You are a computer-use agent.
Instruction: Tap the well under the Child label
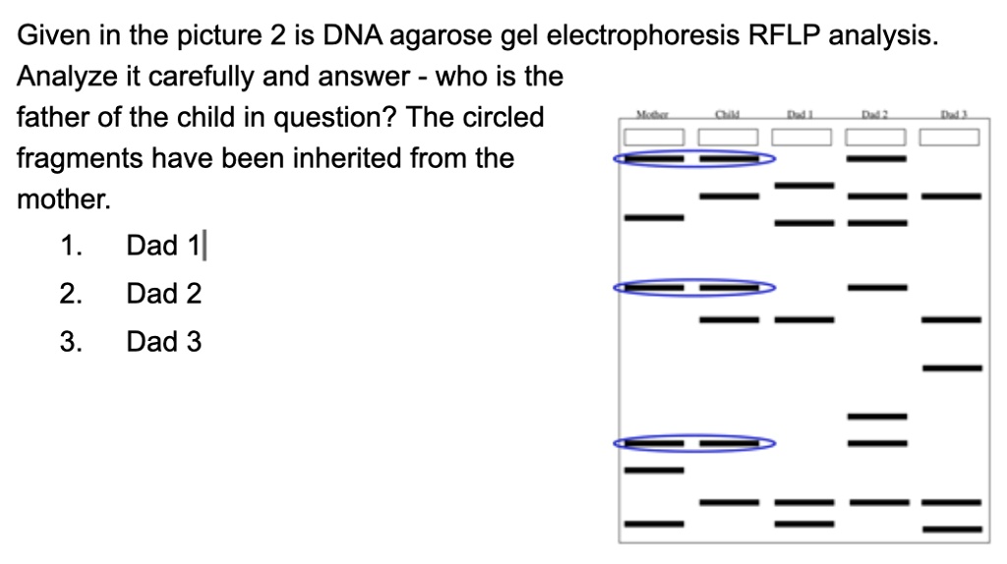point(729,137)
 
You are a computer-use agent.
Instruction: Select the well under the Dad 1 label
point(803,137)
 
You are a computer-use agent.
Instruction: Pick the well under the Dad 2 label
point(876,137)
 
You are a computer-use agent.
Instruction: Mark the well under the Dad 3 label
point(951,137)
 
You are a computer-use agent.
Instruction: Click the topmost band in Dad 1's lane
point(803,186)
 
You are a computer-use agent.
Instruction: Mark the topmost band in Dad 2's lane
point(876,157)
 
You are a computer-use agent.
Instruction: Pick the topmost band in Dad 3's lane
point(951,197)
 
